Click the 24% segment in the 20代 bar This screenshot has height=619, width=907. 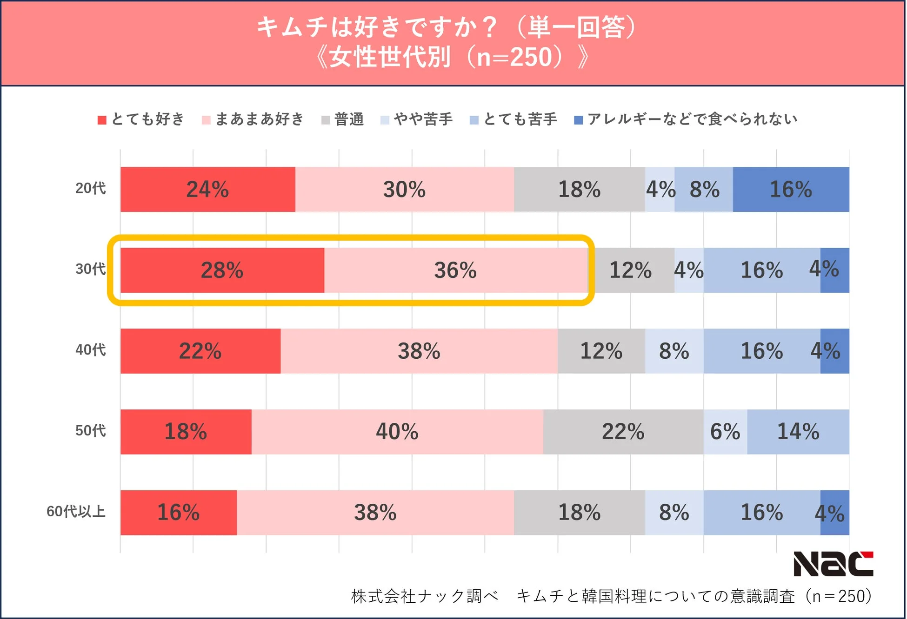207,190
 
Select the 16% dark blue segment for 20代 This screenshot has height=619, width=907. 791,190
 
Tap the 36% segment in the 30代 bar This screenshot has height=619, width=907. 455,270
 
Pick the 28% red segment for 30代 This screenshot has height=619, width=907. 222,270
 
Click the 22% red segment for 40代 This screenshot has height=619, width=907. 200,351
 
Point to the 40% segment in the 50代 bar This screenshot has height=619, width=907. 397,432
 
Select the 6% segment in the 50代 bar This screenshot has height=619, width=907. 725,432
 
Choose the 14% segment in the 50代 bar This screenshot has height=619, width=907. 798,432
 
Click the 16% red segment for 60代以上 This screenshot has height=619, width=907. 178,513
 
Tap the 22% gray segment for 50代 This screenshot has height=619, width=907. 623,432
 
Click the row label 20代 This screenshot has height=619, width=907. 91,188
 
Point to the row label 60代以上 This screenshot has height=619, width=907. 76,511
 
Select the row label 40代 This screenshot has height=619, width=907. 91,350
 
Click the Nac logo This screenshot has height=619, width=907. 833,564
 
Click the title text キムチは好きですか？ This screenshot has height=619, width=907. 377,27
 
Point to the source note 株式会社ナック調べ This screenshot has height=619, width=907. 424,596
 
